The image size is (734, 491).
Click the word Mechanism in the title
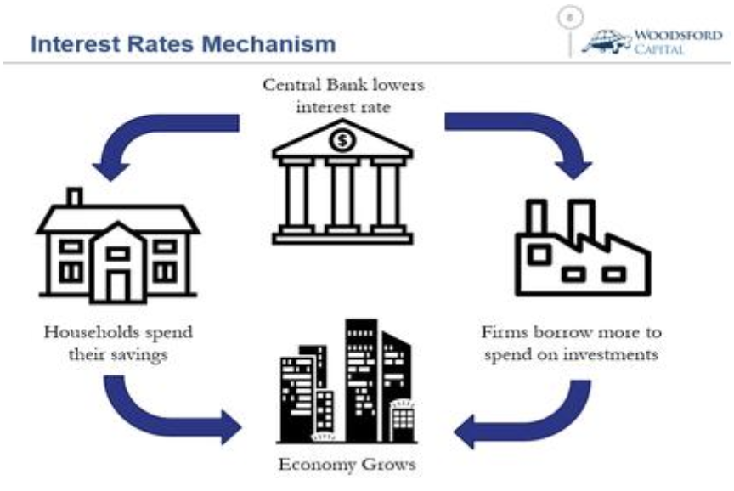[268, 44]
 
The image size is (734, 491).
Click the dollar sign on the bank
[342, 140]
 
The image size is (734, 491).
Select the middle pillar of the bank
[342, 195]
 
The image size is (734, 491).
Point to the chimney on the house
[75, 196]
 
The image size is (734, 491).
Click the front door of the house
[117, 286]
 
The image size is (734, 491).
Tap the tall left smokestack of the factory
[537, 219]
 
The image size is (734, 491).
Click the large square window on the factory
[539, 255]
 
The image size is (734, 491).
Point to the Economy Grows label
[347, 465]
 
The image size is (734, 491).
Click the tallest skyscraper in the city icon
[361, 380]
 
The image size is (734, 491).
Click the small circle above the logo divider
[570, 17]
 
